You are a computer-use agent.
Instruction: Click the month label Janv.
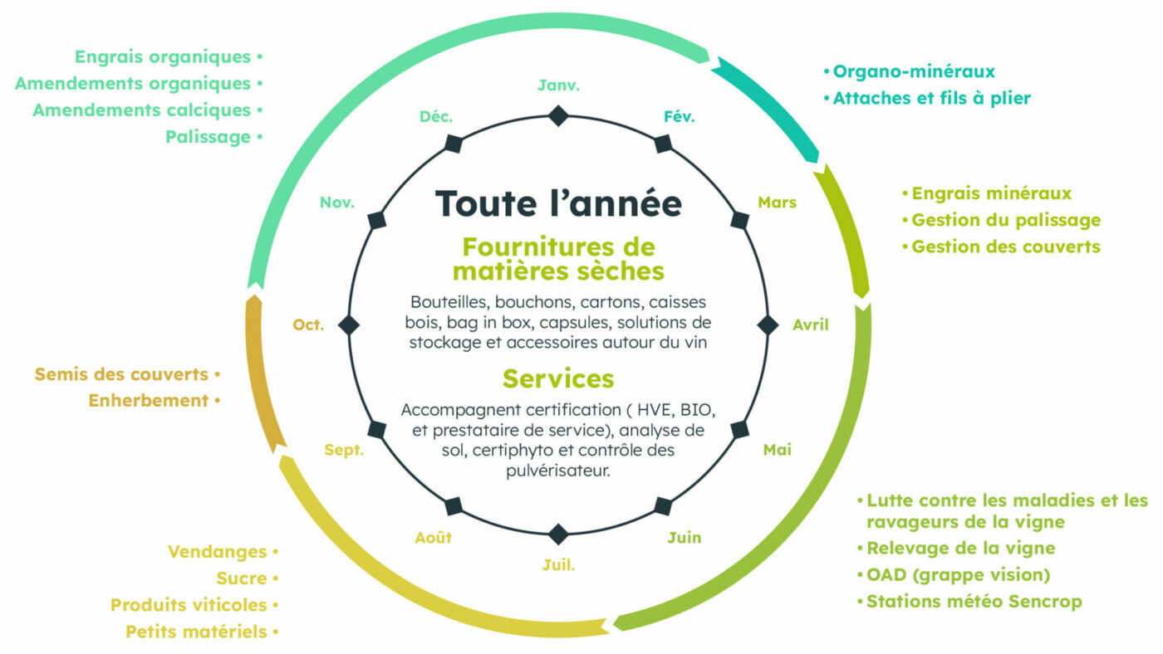pyautogui.click(x=558, y=85)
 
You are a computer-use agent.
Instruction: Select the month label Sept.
pyautogui.click(x=344, y=450)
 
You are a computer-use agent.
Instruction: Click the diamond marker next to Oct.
pyautogui.click(x=349, y=325)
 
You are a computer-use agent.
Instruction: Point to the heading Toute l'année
pyautogui.click(x=558, y=203)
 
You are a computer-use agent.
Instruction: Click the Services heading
pyautogui.click(x=558, y=378)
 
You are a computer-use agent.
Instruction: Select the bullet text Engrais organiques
pyautogui.click(x=163, y=57)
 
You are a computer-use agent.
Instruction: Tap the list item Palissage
pyautogui.click(x=208, y=137)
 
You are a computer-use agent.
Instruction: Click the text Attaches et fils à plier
pyautogui.click(x=931, y=98)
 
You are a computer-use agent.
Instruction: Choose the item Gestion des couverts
pyautogui.click(x=1005, y=246)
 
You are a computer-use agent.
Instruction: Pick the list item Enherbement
pyautogui.click(x=149, y=400)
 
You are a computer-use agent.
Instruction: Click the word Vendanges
pyautogui.click(x=218, y=552)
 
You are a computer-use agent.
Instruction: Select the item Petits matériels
pyautogui.click(x=196, y=632)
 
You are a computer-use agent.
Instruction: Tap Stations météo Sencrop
pyautogui.click(x=974, y=601)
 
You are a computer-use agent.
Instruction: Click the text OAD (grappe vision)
pyautogui.click(x=959, y=574)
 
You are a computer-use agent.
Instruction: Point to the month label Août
pyautogui.click(x=434, y=538)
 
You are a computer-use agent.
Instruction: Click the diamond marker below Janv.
pyautogui.click(x=558, y=115)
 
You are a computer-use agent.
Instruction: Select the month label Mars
pyautogui.click(x=777, y=203)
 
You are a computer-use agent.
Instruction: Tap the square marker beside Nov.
pyautogui.click(x=377, y=219)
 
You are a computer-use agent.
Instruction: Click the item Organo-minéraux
pyautogui.click(x=914, y=71)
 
